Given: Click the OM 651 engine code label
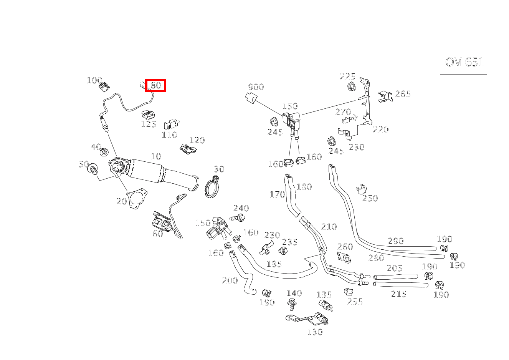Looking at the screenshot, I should coord(464,62).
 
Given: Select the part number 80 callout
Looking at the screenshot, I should coord(155,85).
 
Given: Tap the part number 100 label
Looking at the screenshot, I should coord(94,80).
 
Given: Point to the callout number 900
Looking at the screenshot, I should coord(256,87).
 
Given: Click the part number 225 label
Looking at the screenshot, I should coord(347,76).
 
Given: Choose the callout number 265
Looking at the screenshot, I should coord(403,94).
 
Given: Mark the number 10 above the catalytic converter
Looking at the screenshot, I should coord(156,156).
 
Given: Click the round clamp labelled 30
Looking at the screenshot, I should coord(212,188).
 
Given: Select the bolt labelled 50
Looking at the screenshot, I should coord(93,169).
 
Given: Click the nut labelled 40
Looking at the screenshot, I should coord(104,153).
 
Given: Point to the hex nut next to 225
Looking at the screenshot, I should coord(350,87).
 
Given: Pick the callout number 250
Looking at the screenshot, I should coord(370,198).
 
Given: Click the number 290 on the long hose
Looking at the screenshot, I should coord(396,241).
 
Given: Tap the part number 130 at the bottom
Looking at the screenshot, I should coord(315,332).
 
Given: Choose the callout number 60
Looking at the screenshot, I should coord(157,234).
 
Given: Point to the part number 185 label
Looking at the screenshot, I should coord(274,264).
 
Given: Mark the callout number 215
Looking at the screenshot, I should coord(398,294).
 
